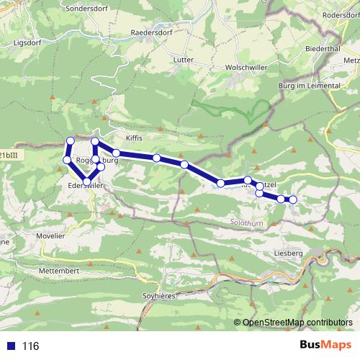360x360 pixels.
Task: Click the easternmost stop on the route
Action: pyautogui.click(x=293, y=199)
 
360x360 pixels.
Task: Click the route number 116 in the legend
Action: pyautogui.click(x=30, y=346)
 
